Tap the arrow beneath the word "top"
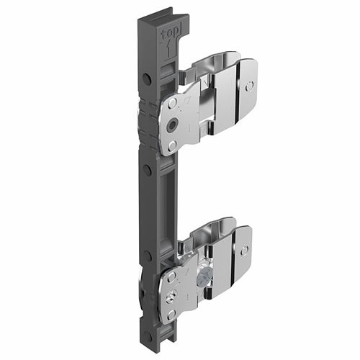point(168,50)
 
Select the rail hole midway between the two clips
point(147,169)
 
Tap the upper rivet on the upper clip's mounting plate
point(171,106)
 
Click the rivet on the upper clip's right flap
point(248,86)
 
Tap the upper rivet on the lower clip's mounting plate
point(171,275)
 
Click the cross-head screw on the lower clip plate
point(172,294)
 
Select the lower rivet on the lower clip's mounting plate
point(171,314)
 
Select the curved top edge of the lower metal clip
point(216,224)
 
